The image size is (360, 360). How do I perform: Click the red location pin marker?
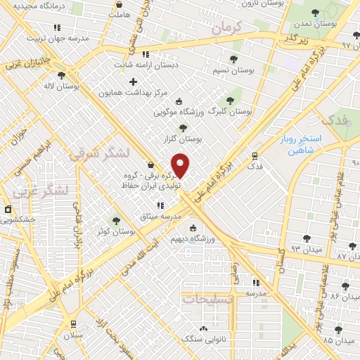tap(181, 165)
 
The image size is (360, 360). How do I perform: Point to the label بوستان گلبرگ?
tap(235, 111)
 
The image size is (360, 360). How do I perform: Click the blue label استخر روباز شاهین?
tap(303, 144)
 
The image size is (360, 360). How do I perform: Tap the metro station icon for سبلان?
tap(73, 323)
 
